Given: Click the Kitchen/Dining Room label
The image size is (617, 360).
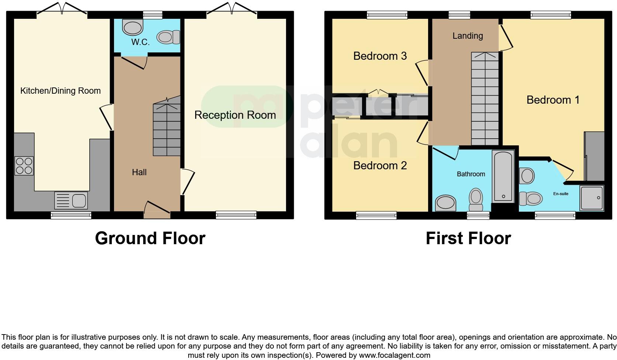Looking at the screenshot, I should (60, 91).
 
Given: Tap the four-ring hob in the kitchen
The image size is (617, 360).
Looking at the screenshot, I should (24, 166).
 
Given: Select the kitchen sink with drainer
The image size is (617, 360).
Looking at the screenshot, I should (70, 201).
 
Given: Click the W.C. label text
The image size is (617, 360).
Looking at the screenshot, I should (140, 42).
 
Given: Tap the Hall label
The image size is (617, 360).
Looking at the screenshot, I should (139, 172).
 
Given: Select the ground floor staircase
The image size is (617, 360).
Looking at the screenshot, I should (167, 129).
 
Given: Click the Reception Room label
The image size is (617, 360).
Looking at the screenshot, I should (235, 115).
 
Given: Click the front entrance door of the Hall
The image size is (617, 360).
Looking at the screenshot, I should (157, 210).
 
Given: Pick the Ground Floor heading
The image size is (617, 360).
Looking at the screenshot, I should (150, 238).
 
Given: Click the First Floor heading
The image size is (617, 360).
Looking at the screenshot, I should (468, 238).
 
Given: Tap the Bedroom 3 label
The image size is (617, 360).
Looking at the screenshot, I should (380, 56).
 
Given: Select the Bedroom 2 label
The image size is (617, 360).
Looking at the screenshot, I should (380, 166).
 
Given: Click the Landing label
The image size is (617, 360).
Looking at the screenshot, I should (468, 36).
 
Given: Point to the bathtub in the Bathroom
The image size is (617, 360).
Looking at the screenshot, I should (503, 176).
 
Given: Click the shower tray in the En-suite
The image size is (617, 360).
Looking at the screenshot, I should (591, 198).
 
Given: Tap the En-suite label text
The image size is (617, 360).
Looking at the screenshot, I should (561, 194).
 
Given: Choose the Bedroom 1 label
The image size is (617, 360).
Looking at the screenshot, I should (553, 100).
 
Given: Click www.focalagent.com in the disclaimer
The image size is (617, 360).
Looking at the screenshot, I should (394, 356).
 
